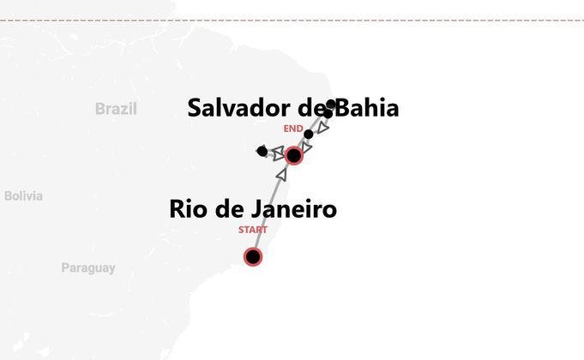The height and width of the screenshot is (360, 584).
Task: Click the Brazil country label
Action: pyautogui.click(x=116, y=109)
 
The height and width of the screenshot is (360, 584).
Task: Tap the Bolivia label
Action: pyautogui.click(x=23, y=195)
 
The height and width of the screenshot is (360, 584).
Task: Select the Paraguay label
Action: pyautogui.click(x=87, y=267)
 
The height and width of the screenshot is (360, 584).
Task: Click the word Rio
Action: pyautogui.click(x=189, y=208)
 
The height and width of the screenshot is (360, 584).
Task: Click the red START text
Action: pyautogui.click(x=253, y=230)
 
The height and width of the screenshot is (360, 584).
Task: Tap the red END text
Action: pyautogui.click(x=293, y=129)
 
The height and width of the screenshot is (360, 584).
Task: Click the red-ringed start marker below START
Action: pyautogui.click(x=253, y=256)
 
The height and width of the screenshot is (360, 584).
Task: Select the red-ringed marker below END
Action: pyautogui.click(x=294, y=155)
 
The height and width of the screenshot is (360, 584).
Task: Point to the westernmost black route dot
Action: pyautogui.click(x=262, y=152)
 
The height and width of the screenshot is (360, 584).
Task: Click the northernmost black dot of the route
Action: pyautogui.click(x=332, y=105)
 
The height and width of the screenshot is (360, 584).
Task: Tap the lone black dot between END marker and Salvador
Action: pyautogui.click(x=309, y=134)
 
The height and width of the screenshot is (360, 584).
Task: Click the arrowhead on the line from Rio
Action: pyautogui.click(x=282, y=174)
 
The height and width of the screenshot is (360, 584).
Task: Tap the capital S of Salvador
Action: pyautogui.click(x=196, y=108)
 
